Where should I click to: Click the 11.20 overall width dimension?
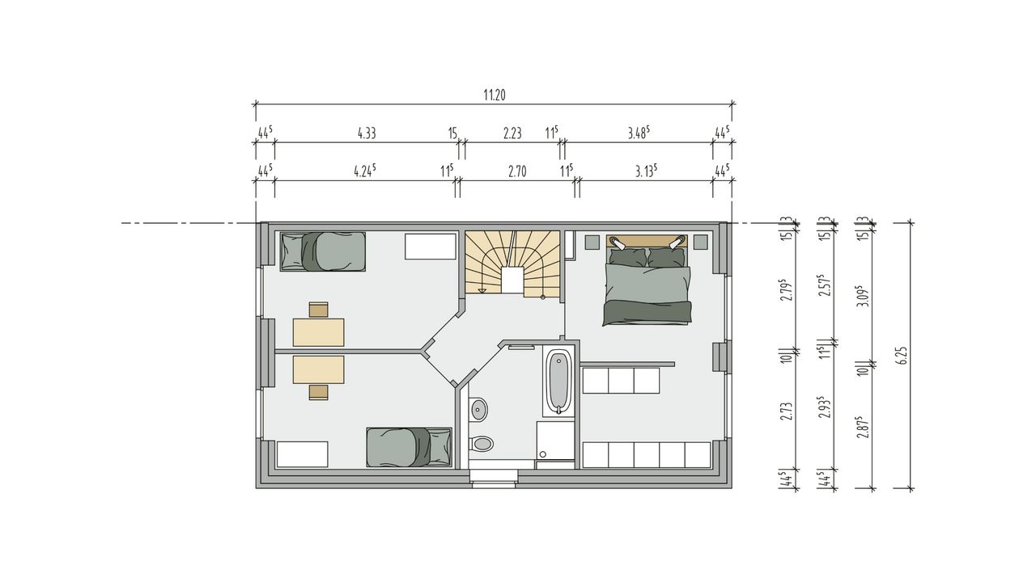click(495, 95)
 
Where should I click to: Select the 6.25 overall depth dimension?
click(904, 356)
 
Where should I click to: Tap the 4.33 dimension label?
click(367, 133)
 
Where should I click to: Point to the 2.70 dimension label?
click(517, 172)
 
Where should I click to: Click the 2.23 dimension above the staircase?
click(512, 133)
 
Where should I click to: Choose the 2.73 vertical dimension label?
click(786, 411)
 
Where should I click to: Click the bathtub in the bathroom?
click(558, 382)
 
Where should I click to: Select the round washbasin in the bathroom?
click(478, 409)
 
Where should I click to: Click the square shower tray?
click(555, 441)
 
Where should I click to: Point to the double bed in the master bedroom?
click(647, 280)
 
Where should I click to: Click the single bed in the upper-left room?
click(323, 251)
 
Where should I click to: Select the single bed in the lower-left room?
click(410, 447)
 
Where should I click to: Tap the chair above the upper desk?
click(319, 310)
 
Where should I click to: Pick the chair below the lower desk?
click(319, 392)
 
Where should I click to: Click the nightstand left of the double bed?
click(592, 242)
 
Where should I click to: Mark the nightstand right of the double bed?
click(701, 242)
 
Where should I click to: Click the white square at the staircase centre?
click(513, 280)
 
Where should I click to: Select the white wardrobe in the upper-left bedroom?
click(431, 247)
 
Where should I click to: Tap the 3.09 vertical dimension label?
click(864, 296)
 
